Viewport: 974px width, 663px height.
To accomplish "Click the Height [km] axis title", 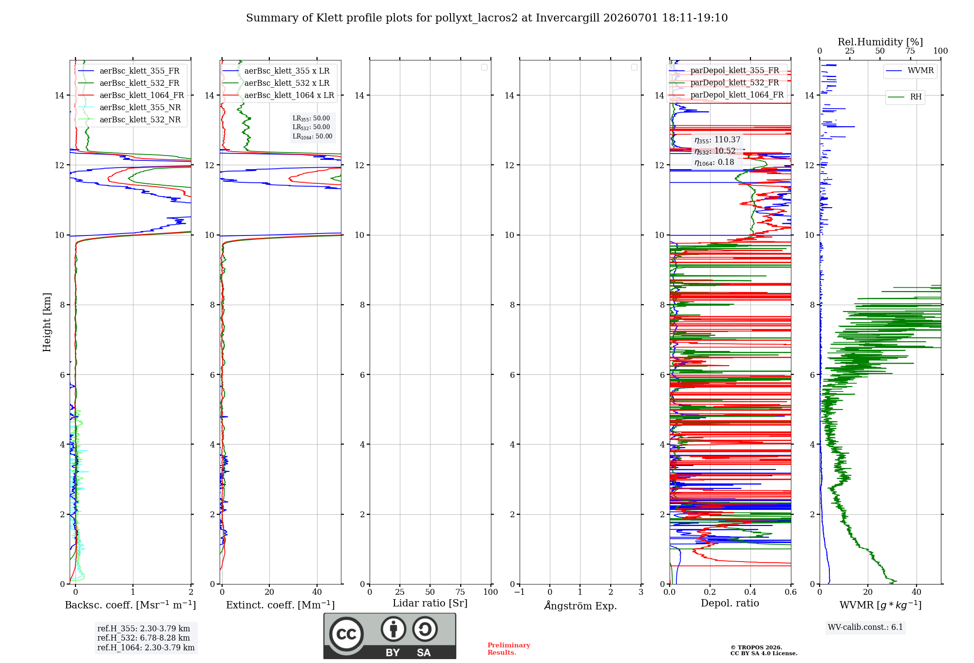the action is (47, 322).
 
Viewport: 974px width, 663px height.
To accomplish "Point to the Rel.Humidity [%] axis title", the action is (880, 42).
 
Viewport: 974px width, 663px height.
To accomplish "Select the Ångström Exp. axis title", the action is (581, 605).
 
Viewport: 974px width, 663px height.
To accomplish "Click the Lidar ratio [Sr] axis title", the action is (430, 604).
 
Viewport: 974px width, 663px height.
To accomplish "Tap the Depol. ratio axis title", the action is (730, 604).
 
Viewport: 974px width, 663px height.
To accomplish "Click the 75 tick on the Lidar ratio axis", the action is (460, 592).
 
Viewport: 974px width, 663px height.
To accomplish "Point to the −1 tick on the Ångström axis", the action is (519, 592).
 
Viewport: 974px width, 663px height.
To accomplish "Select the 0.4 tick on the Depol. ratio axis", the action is (750, 592).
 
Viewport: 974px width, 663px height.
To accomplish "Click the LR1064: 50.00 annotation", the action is (312, 136).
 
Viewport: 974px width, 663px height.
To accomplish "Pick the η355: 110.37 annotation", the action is (717, 140).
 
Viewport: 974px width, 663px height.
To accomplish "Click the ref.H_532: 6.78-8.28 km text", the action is (144, 638).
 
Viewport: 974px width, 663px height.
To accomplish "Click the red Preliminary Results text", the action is (508, 649).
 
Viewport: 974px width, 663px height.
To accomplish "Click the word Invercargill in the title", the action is (567, 18).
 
